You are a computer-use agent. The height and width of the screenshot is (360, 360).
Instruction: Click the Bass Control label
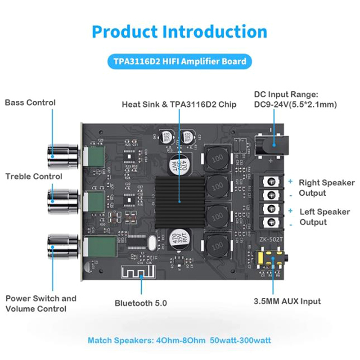[30, 103]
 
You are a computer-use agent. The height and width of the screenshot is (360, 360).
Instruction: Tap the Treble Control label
[34, 176]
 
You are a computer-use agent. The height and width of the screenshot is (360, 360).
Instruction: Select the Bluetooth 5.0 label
[140, 303]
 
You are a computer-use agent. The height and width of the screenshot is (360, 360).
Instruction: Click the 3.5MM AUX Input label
[288, 301]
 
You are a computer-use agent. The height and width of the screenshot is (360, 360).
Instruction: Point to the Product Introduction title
[180, 32]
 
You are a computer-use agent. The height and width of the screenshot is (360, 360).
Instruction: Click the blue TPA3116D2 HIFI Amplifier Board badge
[180, 61]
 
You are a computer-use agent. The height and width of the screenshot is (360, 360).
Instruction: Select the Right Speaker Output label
[326, 188]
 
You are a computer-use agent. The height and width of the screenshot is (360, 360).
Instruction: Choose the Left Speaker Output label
[324, 217]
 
